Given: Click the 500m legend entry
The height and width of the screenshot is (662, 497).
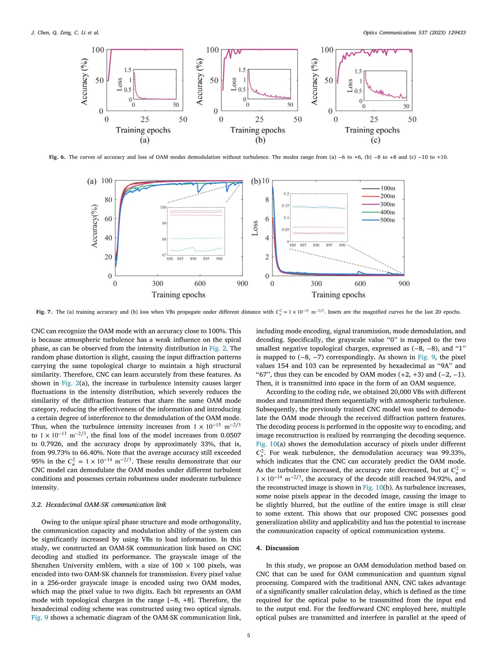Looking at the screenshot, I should click(x=387, y=220).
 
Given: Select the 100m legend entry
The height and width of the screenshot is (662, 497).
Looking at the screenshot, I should click(x=387, y=189).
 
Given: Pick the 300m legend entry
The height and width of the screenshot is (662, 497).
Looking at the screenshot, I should click(x=387, y=204).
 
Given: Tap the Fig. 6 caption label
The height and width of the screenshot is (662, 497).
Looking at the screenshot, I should click(x=57, y=157).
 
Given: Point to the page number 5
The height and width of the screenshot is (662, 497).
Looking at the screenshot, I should click(x=248, y=636).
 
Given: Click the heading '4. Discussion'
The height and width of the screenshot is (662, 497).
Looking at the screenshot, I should click(x=277, y=548).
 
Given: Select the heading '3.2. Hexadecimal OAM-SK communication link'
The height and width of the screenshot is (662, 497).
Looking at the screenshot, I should click(x=99, y=505).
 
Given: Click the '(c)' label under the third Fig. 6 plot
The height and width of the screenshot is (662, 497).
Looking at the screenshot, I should click(x=375, y=140).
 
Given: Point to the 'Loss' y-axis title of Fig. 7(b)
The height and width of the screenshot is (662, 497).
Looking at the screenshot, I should click(x=255, y=228).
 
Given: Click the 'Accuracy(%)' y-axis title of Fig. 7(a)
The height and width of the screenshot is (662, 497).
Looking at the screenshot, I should click(x=95, y=226).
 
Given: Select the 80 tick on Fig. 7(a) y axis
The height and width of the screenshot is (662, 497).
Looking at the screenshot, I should click(x=108, y=200).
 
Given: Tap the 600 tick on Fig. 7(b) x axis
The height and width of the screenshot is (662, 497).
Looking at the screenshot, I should click(x=360, y=284).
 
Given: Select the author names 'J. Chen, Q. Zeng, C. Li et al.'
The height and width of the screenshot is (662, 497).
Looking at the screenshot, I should click(x=65, y=33).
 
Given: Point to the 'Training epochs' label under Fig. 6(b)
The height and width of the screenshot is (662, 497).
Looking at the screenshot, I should click(x=258, y=130).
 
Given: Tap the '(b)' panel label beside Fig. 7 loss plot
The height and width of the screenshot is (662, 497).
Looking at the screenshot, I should click(x=256, y=181).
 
